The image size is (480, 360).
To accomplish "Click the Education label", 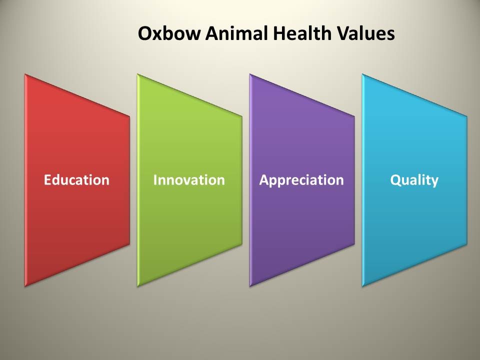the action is point(76,179).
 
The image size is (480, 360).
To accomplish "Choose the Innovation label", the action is point(189,179).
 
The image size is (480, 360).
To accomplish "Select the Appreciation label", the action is point(301,180).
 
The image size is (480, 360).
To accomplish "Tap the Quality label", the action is point(414,180).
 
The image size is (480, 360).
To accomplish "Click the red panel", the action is point(77,180).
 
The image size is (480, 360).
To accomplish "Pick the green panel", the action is point(189,180).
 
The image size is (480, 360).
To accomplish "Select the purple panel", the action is point(302,180).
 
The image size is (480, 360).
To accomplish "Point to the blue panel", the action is point(414,180).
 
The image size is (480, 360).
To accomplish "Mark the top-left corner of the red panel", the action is point(25,74).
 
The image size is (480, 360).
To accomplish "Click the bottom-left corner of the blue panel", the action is point(362,286).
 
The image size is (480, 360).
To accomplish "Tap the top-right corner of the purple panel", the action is point(354,116).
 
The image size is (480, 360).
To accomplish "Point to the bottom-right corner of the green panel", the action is point(242,244).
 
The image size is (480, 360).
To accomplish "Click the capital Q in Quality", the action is point(395,180).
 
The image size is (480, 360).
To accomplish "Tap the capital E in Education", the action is point(48,179).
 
